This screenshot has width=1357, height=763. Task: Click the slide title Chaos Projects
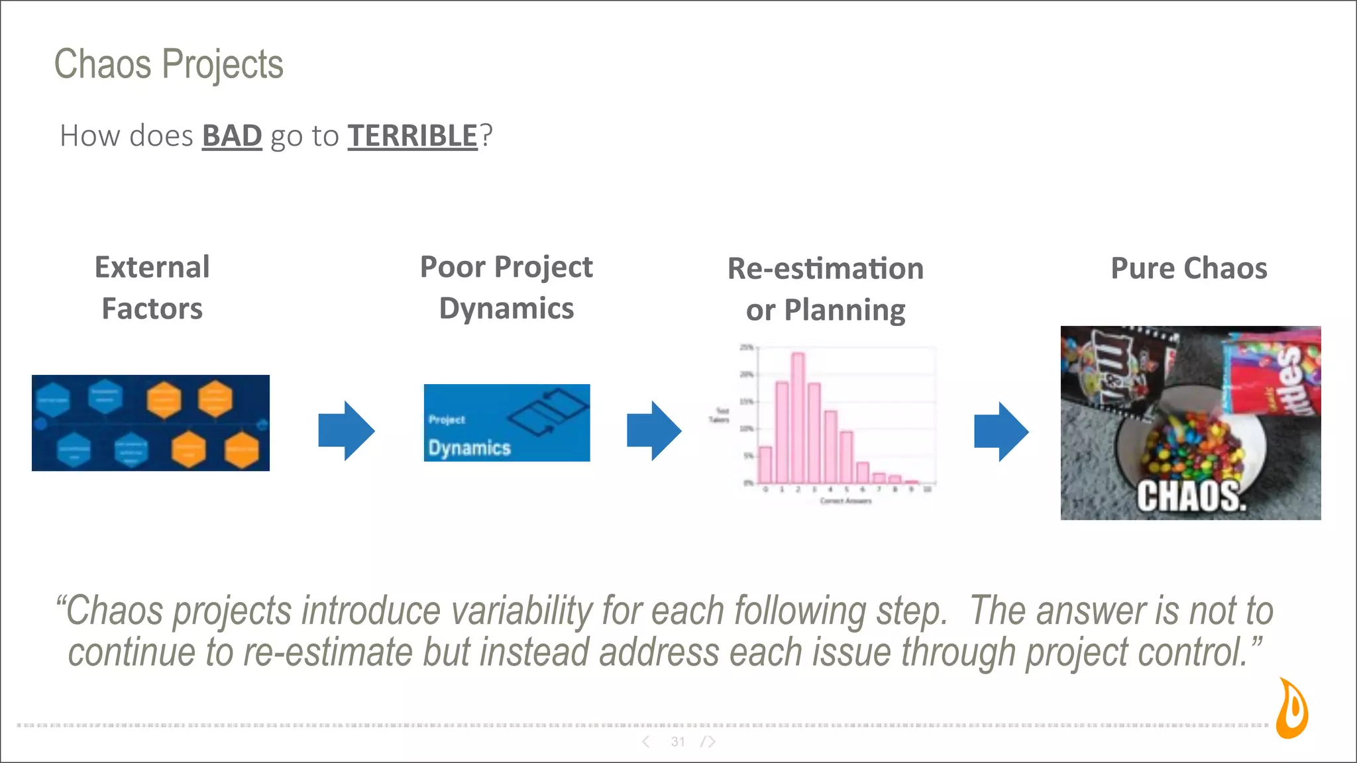click(x=168, y=64)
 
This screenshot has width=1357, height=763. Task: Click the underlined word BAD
click(x=232, y=136)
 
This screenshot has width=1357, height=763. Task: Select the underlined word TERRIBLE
click(x=412, y=136)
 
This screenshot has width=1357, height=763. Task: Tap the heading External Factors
click(x=152, y=288)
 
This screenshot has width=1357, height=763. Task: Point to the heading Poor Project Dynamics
click(x=506, y=287)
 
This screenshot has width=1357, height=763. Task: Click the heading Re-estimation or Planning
click(x=825, y=289)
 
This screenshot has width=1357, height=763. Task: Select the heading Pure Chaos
click(x=1189, y=268)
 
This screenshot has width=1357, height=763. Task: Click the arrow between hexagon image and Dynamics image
click(x=347, y=431)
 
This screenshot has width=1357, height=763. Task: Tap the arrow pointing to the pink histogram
click(x=654, y=431)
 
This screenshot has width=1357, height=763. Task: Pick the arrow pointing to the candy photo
click(x=1001, y=431)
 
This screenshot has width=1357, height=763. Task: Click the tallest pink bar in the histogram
click(x=798, y=417)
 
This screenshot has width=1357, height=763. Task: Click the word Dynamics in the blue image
click(x=469, y=448)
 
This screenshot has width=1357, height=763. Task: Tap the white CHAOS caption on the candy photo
click(x=1191, y=497)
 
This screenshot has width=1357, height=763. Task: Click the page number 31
click(x=678, y=742)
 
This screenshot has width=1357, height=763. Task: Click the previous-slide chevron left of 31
click(x=646, y=742)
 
